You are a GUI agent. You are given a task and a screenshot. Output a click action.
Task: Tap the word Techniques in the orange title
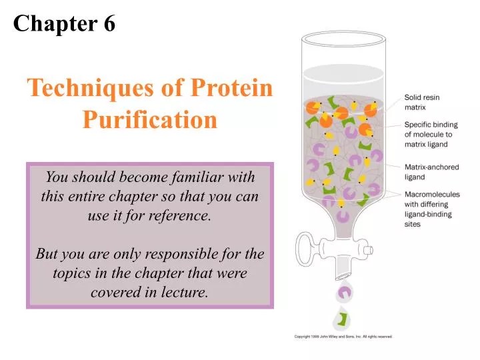tap(91, 89)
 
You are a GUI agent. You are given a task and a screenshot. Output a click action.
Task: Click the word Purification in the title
tap(150, 120)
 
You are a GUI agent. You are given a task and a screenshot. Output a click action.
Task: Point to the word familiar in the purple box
tap(204, 177)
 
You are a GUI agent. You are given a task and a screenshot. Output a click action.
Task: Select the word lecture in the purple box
tap(182, 292)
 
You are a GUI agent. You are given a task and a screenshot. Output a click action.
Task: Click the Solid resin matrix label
tap(422, 102)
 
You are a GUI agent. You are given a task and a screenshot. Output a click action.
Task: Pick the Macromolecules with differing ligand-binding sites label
tap(430, 209)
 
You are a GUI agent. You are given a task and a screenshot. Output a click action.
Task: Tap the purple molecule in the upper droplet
tap(345, 291)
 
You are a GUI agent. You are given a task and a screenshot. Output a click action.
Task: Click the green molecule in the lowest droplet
tap(343, 319)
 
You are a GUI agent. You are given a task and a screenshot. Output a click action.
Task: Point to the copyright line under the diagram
tap(343, 337)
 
